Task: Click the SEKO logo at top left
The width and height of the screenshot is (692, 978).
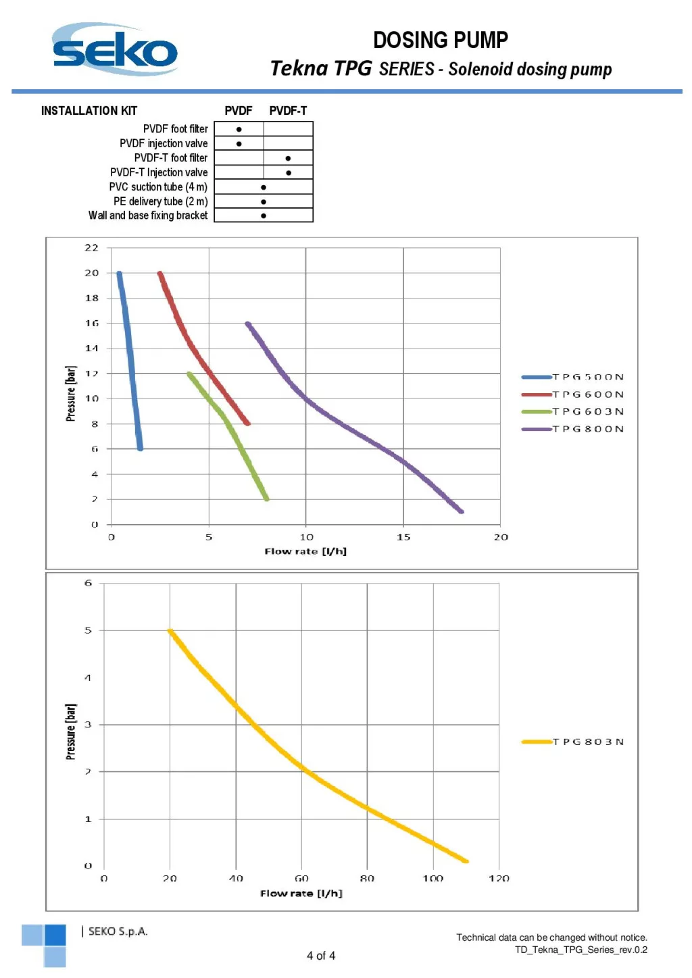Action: (x=115, y=50)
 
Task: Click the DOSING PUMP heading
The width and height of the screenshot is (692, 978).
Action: (x=440, y=41)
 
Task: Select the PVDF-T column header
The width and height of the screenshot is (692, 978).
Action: (x=288, y=111)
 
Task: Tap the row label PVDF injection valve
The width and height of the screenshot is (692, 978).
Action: (x=164, y=143)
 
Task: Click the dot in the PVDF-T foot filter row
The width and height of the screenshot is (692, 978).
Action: (x=288, y=158)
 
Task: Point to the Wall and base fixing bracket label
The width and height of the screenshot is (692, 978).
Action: (x=148, y=215)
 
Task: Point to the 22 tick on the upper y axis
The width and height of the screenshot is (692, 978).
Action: (x=92, y=248)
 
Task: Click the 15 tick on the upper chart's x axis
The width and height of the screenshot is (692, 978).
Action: (x=403, y=537)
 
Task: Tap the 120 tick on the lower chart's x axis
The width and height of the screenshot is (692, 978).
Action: (x=499, y=878)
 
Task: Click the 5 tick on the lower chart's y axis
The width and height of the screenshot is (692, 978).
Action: (x=88, y=630)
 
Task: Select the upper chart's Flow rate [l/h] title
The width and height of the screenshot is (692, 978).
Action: (x=305, y=551)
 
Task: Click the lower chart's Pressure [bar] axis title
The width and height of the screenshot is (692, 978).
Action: (x=71, y=731)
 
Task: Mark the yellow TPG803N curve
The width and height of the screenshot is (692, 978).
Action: (x=301, y=768)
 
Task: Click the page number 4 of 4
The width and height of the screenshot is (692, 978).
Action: (x=321, y=956)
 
